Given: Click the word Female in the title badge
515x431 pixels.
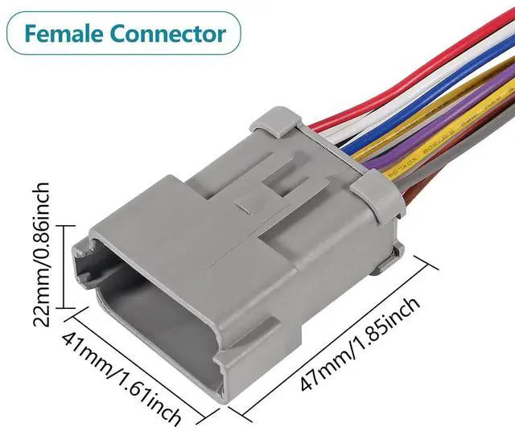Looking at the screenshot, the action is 63,35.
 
